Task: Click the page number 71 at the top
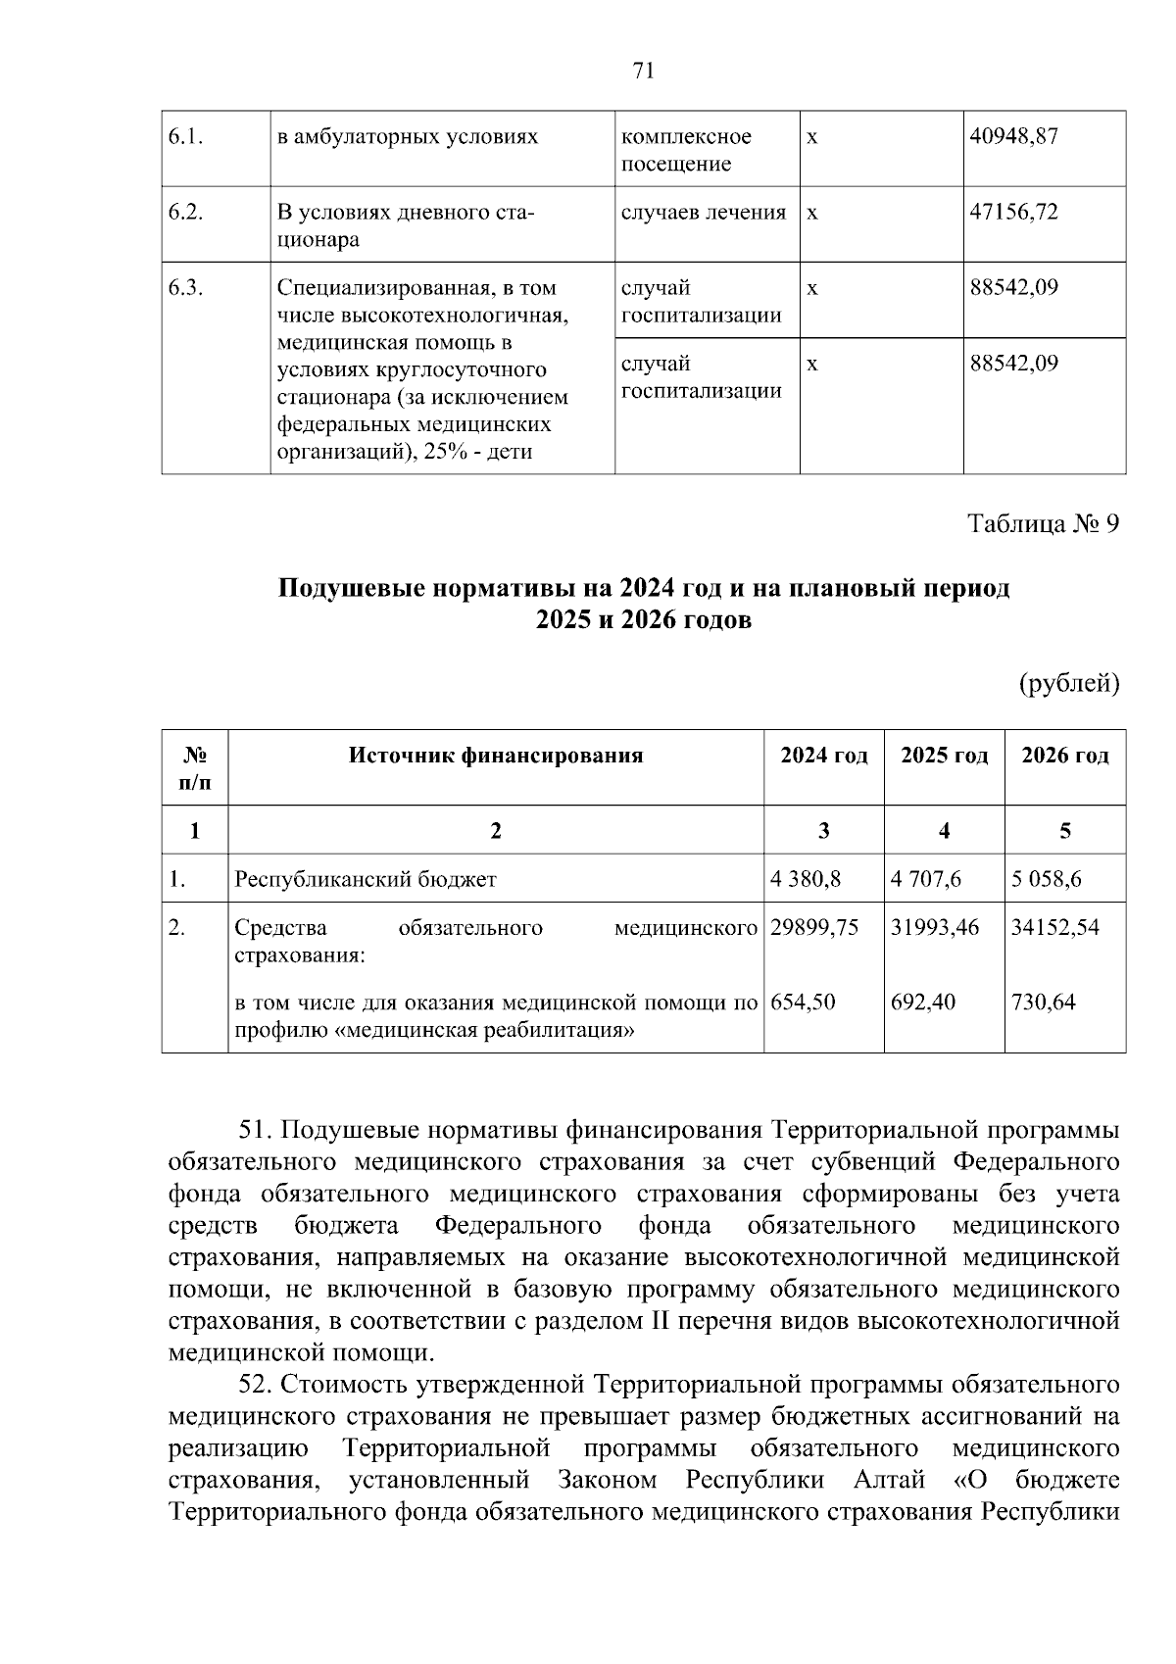pos(643,71)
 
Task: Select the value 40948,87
pos(1013,137)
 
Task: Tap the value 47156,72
pos(1013,213)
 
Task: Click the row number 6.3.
pos(185,288)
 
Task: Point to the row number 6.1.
pos(185,137)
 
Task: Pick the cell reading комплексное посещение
pos(686,150)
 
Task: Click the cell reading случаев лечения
pos(703,213)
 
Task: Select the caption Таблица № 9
pos(1043,524)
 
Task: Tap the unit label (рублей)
pos(1069,683)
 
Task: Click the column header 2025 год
pos(944,756)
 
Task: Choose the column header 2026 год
pos(1065,756)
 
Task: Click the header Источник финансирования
pos(496,756)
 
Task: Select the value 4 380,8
pos(806,879)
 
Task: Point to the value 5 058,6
pos(1047,879)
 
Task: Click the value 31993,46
pos(934,927)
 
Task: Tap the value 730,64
pos(1043,1003)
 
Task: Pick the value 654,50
pos(803,1003)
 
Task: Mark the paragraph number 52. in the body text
pos(258,1385)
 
